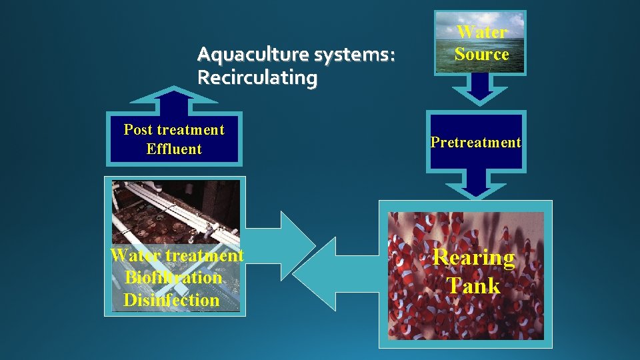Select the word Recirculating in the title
(x=257, y=78)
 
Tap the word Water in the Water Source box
(x=482, y=32)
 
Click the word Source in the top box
(x=482, y=54)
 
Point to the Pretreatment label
(x=475, y=142)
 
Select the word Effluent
(x=174, y=149)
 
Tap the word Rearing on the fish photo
(x=474, y=257)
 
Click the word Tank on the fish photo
(x=474, y=286)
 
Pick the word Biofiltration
(x=173, y=277)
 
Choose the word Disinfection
(x=171, y=300)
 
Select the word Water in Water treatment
(x=136, y=255)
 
